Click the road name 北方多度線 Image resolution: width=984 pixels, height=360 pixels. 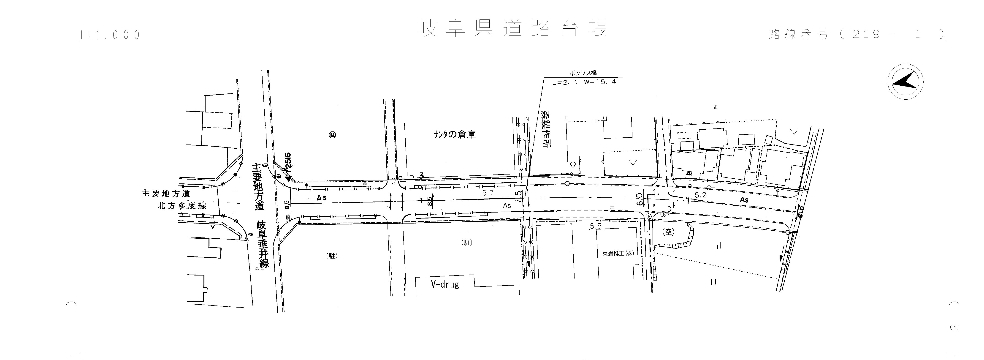pos(182,206)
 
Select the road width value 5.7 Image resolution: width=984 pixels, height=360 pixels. pos(488,193)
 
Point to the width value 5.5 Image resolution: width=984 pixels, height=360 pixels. pos(596,226)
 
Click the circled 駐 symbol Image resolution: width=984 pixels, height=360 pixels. pos(332,135)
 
